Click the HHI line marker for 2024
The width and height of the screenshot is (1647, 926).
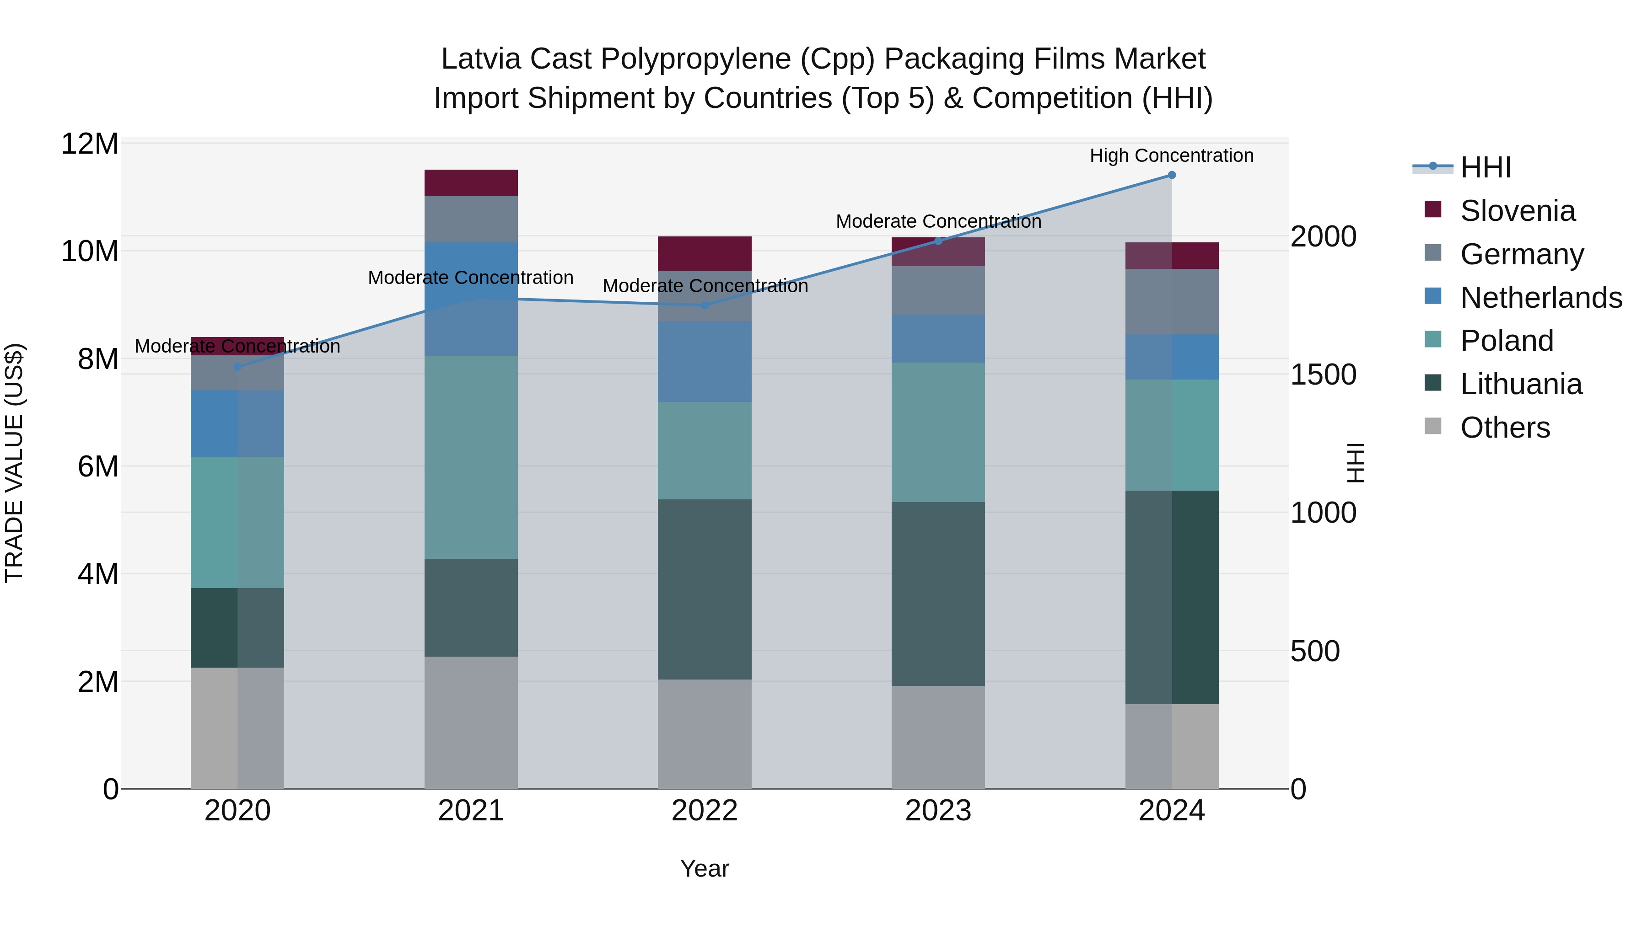1171,175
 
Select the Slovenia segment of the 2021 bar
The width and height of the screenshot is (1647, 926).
471,183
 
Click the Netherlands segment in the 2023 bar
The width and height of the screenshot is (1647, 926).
938,339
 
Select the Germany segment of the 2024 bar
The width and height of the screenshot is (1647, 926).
1171,302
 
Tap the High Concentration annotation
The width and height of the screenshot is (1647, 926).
1171,155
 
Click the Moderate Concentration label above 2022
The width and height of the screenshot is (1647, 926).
705,286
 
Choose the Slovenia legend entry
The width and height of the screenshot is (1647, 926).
1517,211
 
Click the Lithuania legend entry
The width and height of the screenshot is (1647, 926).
1520,384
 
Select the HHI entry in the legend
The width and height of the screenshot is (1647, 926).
1485,167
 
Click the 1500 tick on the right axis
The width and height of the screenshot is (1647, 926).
1323,375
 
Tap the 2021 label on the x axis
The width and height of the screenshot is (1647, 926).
471,811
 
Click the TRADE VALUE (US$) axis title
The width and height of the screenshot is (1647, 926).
14,463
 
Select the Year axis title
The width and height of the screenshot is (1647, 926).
704,868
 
